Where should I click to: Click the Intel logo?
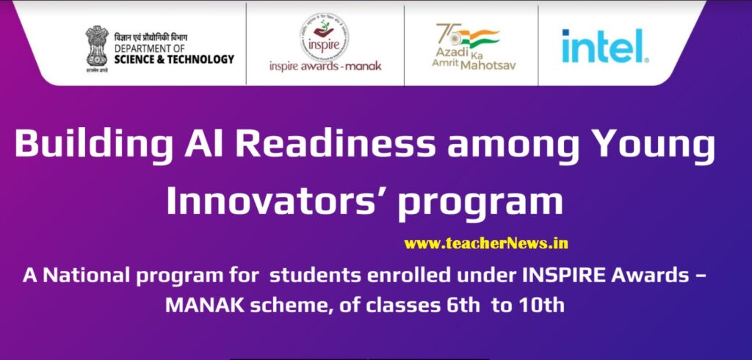coord(604,46)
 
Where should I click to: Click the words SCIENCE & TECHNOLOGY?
coord(174,59)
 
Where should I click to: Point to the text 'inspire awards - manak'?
coord(325,65)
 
